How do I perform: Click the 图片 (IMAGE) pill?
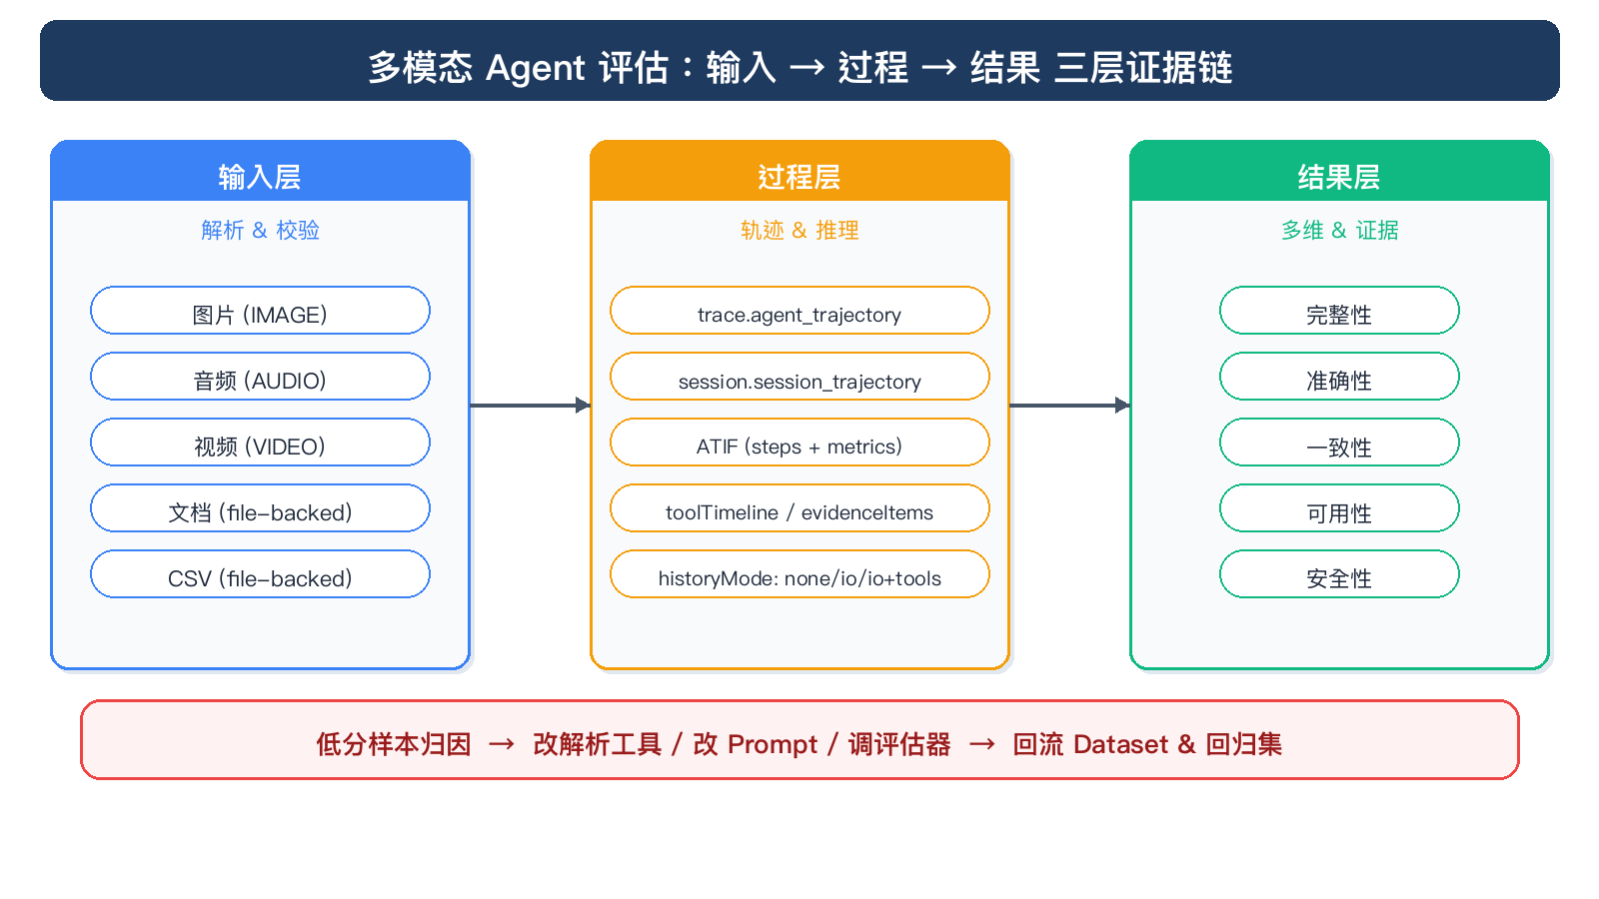tap(260, 311)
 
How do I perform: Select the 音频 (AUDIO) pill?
tap(260, 376)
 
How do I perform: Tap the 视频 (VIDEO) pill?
tap(260, 443)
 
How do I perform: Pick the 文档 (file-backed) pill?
tap(260, 508)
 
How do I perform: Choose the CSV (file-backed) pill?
tap(260, 574)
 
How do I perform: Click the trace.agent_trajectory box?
tap(799, 311)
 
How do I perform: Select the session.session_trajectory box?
tap(799, 376)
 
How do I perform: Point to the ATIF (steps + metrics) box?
tap(799, 443)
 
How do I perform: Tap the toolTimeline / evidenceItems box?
tap(799, 508)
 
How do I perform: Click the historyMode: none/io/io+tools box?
tap(799, 574)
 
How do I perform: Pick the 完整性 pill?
tap(1339, 311)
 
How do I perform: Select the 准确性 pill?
tap(1339, 376)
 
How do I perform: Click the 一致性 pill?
tap(1339, 443)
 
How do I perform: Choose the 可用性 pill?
tap(1339, 508)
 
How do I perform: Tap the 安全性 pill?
tap(1339, 574)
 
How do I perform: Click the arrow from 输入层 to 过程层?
tap(531, 406)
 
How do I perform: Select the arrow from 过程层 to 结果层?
tap(1070, 406)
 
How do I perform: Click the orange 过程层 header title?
tap(799, 177)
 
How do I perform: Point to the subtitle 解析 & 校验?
tap(260, 230)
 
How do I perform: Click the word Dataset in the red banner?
tap(1120, 744)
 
